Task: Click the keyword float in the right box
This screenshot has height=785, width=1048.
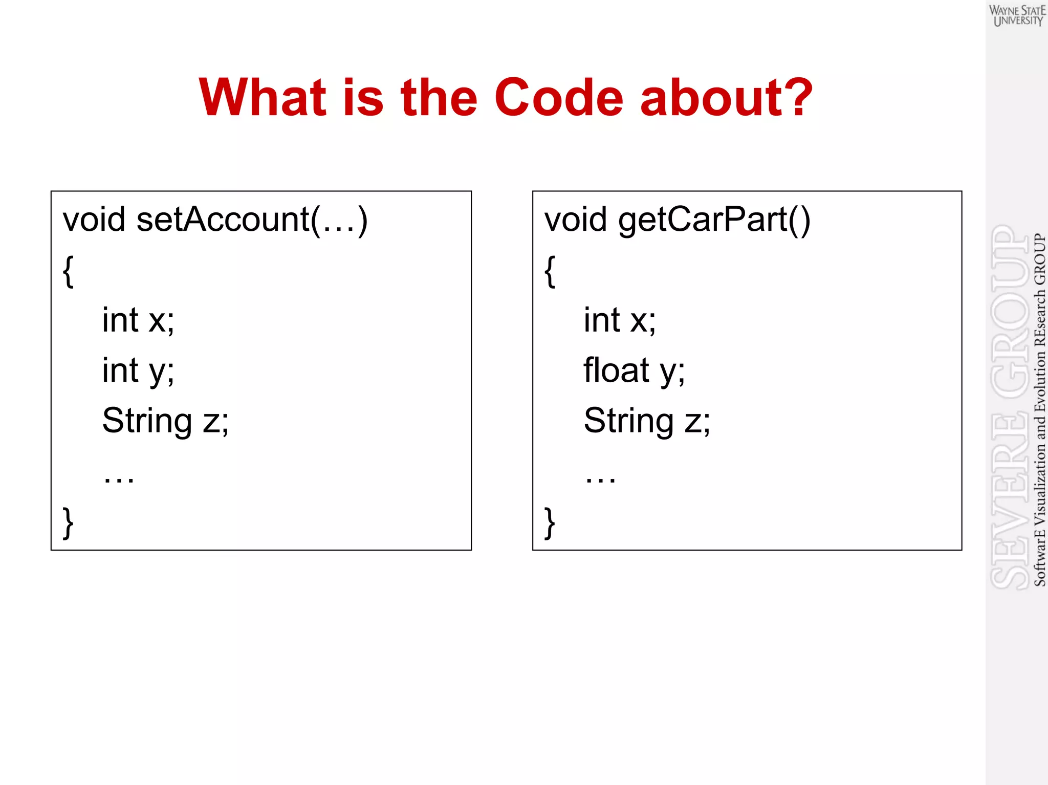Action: pos(616,370)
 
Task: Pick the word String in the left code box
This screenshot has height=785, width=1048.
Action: pos(147,421)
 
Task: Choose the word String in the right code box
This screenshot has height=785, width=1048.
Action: pos(628,421)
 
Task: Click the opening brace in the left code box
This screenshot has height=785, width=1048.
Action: pos(68,271)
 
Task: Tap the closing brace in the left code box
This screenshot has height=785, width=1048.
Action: pos(68,522)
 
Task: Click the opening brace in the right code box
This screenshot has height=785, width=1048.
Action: pos(550,271)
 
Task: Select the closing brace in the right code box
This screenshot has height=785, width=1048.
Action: pos(550,522)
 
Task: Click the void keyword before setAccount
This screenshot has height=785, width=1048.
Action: pos(94,220)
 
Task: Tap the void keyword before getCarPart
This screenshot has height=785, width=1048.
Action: pos(575,220)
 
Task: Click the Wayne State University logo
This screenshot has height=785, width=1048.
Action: pos(1017,16)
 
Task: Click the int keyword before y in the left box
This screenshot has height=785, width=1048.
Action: pos(120,370)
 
